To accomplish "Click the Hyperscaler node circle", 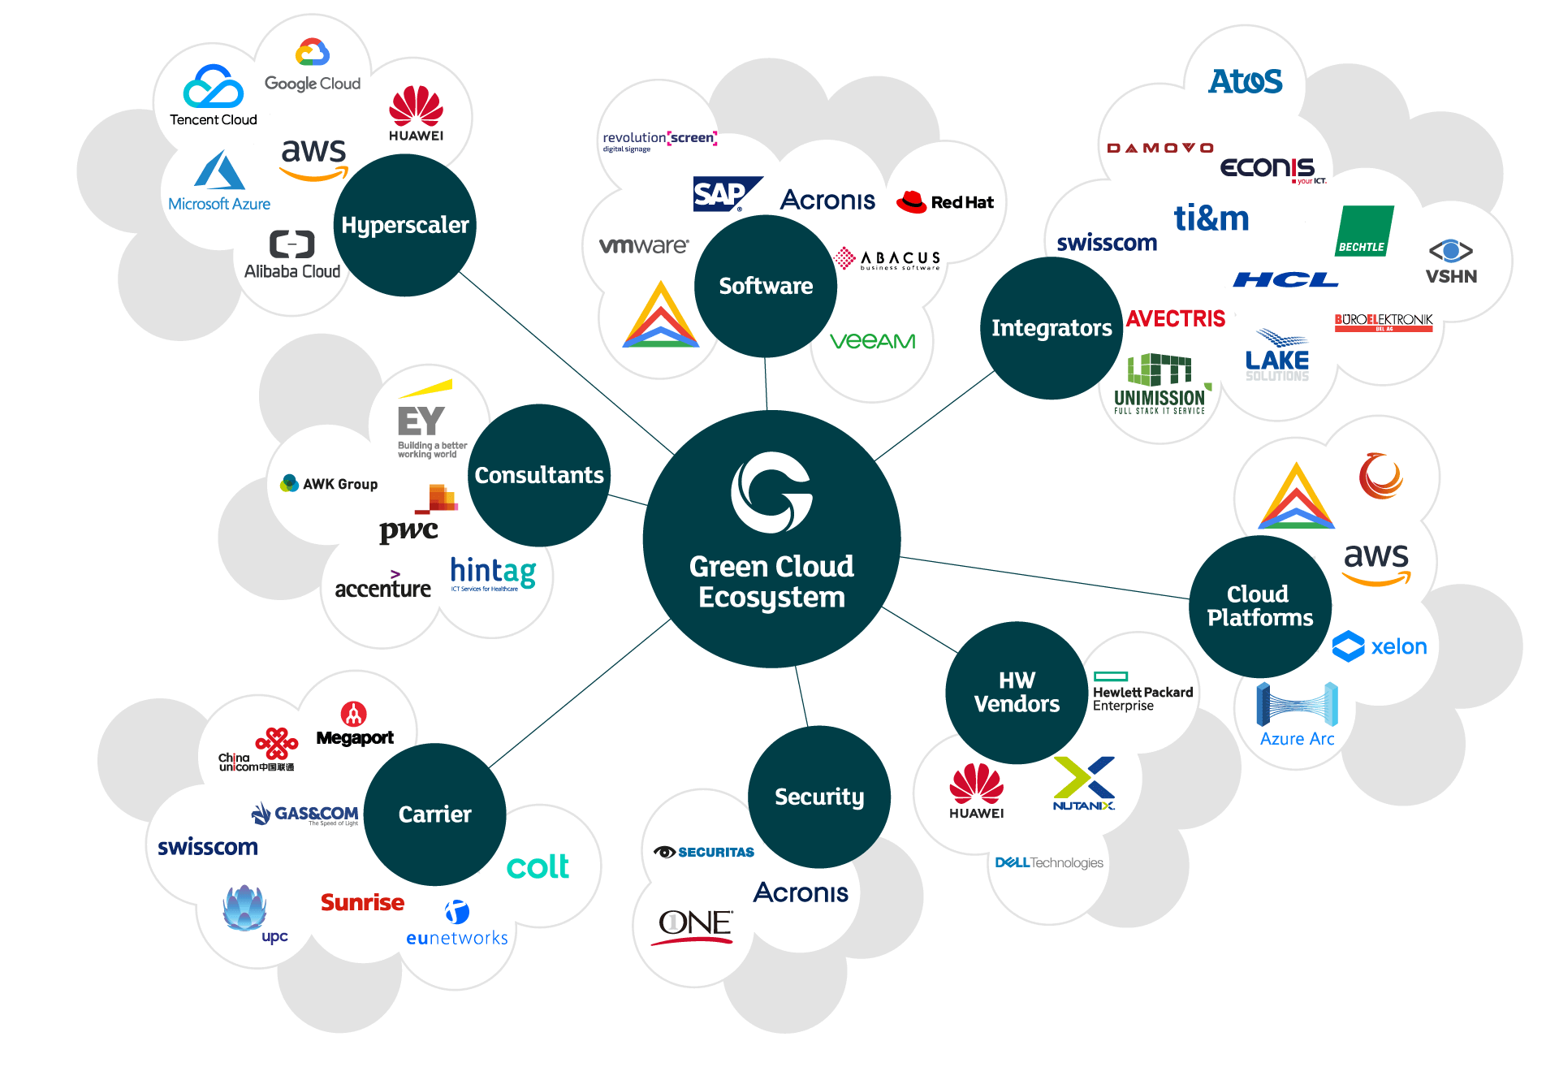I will pyautogui.click(x=404, y=225).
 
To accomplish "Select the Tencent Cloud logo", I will pyautogui.click(x=213, y=96).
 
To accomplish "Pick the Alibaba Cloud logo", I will pyautogui.click(x=292, y=254).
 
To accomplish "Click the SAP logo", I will pyautogui.click(x=725, y=194).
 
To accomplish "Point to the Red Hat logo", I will pyautogui.click(x=944, y=201).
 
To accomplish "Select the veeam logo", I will pyautogui.click(x=872, y=341).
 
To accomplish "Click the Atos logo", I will pyautogui.click(x=1245, y=81).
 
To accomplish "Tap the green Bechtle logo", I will pyautogui.click(x=1364, y=231).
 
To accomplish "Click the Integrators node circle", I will pyautogui.click(x=1052, y=328).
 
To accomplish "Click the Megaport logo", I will pyautogui.click(x=355, y=724).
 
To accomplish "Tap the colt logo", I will pyautogui.click(x=538, y=866).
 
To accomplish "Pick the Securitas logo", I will pyautogui.click(x=704, y=852).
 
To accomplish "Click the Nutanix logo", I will pyautogui.click(x=1084, y=784).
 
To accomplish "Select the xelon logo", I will pyautogui.click(x=1380, y=646).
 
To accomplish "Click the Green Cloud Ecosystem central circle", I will pyautogui.click(x=771, y=539).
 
